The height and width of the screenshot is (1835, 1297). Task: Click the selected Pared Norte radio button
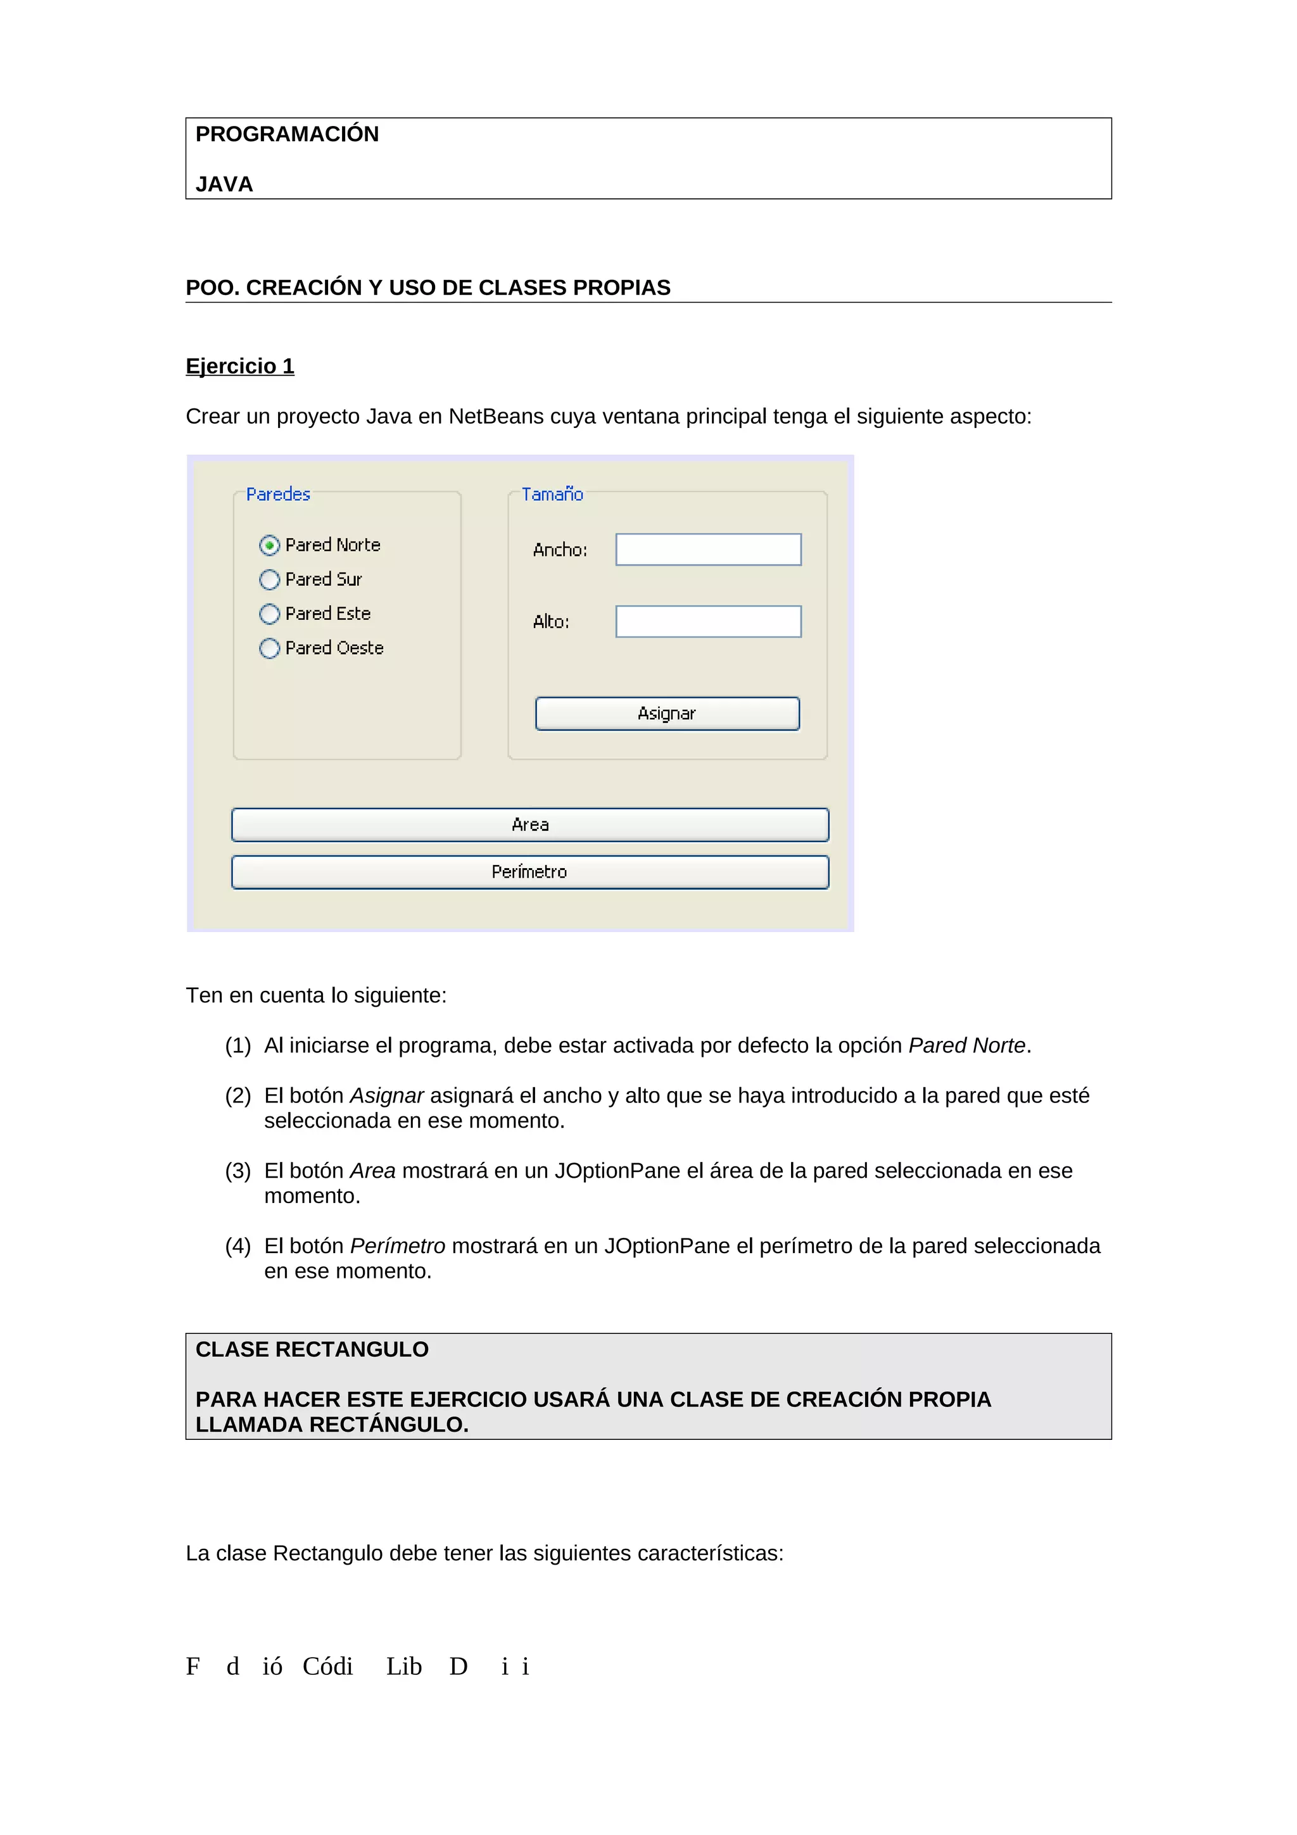(x=270, y=545)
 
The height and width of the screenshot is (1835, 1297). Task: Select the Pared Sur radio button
(x=270, y=579)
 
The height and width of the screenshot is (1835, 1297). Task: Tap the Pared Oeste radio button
(x=270, y=648)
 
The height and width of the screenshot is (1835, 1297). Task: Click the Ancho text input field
(x=708, y=550)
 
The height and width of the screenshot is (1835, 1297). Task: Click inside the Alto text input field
(x=708, y=622)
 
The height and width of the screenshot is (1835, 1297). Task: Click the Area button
(x=530, y=825)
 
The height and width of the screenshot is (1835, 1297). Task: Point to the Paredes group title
(x=277, y=495)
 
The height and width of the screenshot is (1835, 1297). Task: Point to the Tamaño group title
(x=552, y=495)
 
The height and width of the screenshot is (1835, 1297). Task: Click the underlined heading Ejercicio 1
(x=240, y=366)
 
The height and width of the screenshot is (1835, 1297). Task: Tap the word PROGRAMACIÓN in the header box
(x=287, y=134)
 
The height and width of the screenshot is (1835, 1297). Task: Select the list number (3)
(x=237, y=1171)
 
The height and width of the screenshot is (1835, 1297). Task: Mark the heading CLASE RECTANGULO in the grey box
(x=312, y=1350)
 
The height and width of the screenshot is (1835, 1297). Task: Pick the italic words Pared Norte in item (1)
(x=967, y=1045)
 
